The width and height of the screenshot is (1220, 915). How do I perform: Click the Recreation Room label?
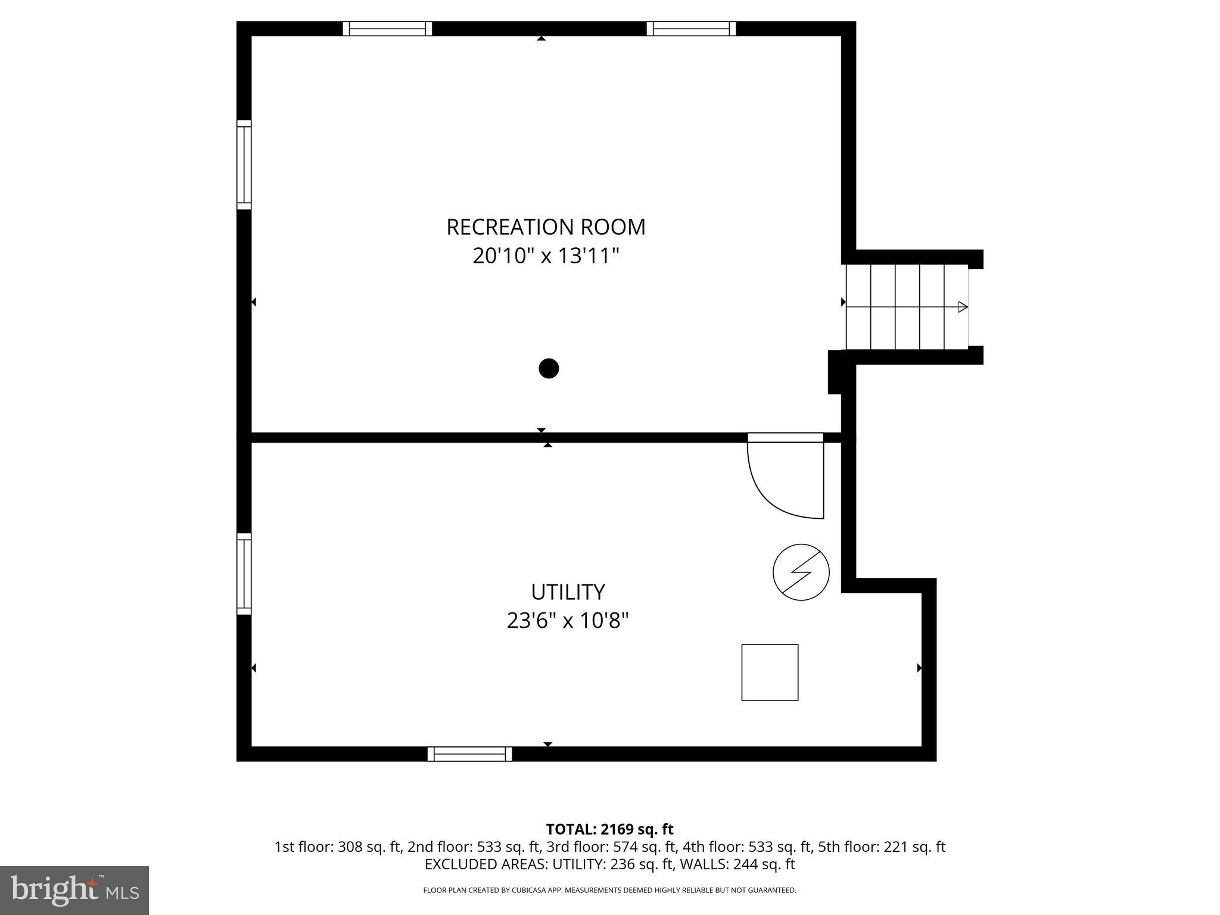point(546,227)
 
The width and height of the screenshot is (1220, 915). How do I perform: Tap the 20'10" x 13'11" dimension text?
point(546,256)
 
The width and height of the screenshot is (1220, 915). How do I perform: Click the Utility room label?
point(568,592)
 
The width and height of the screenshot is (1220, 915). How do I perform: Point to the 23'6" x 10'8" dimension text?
point(568,621)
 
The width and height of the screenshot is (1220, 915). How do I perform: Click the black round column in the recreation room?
point(549,369)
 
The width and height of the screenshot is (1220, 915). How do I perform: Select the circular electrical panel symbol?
point(801,572)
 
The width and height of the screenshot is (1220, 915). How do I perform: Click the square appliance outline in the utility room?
point(770,673)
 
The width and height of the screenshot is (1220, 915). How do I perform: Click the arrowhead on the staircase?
point(962,307)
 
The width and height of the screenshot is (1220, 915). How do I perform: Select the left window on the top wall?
point(387,29)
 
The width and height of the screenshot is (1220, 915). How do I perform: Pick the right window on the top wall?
point(691,29)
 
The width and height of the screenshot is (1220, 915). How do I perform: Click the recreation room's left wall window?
point(244,164)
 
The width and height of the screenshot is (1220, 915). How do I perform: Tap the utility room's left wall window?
point(244,574)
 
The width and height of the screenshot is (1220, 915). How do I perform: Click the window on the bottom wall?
point(469,754)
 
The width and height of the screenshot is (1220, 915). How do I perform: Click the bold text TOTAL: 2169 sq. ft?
point(609,829)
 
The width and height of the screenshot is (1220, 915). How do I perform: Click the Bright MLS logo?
point(74,891)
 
